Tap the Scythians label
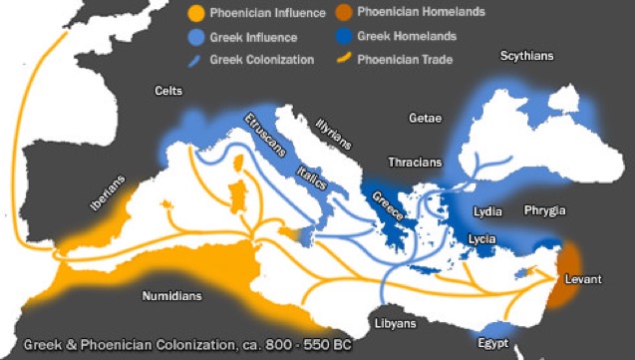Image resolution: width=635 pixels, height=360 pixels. point(528,56)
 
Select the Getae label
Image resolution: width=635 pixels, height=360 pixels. point(426,118)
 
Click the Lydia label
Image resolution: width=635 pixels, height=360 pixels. point(487,211)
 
